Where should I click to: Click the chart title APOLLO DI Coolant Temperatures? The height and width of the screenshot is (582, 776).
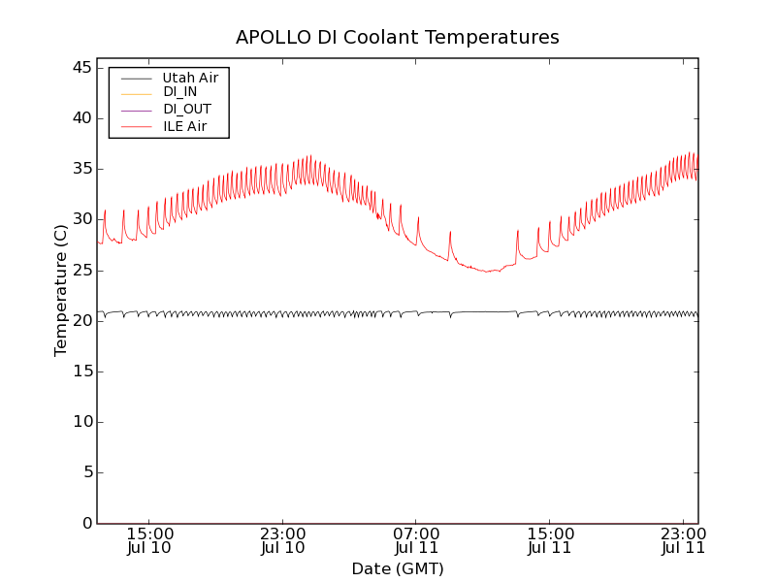[397, 38]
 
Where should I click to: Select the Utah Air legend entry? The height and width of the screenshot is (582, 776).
[190, 78]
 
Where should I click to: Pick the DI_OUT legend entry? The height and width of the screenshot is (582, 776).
[186, 110]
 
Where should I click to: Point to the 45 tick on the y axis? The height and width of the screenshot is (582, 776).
[81, 68]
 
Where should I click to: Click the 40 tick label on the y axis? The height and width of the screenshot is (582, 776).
[81, 118]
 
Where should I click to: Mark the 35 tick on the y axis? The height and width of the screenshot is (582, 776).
[81, 169]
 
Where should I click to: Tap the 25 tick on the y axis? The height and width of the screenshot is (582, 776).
[81, 270]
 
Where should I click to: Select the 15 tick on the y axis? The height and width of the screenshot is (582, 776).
[81, 372]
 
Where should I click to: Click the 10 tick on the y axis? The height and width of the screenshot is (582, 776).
[81, 422]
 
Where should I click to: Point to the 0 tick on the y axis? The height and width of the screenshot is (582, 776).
[86, 523]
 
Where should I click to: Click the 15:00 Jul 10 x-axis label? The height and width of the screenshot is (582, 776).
[150, 540]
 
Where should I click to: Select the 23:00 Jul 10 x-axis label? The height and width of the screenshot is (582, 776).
[283, 540]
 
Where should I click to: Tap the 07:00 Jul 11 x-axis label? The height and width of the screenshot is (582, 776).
[417, 540]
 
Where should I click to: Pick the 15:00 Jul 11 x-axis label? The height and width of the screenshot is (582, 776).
[550, 540]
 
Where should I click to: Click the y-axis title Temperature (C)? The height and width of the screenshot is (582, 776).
[61, 290]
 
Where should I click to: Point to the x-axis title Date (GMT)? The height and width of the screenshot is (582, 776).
[397, 569]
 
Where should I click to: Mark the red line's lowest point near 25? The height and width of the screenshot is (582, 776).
[487, 272]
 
